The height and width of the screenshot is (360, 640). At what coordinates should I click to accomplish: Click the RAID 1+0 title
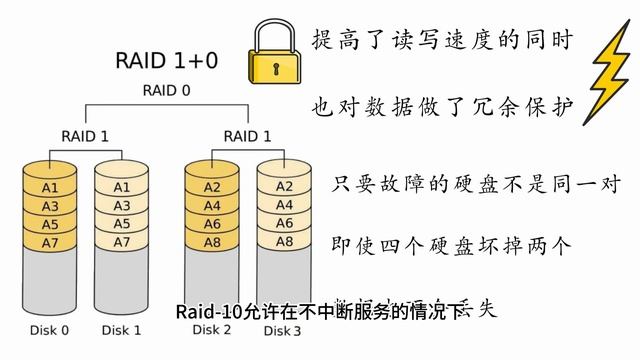click(167, 61)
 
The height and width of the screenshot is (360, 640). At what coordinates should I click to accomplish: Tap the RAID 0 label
click(167, 90)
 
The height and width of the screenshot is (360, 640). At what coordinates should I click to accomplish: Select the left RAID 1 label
click(84, 135)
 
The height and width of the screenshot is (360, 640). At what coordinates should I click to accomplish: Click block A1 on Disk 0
click(50, 187)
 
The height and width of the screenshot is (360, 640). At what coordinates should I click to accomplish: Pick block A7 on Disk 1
click(121, 242)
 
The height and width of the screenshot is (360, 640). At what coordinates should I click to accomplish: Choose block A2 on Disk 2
click(212, 187)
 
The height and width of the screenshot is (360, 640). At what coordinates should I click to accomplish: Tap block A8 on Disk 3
click(283, 241)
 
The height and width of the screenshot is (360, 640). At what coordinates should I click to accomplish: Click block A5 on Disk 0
click(50, 224)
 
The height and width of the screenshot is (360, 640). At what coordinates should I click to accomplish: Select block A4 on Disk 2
click(212, 206)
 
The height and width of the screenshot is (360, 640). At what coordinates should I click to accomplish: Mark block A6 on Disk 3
click(283, 223)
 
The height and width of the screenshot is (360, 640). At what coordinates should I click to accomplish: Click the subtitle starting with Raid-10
click(315, 312)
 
